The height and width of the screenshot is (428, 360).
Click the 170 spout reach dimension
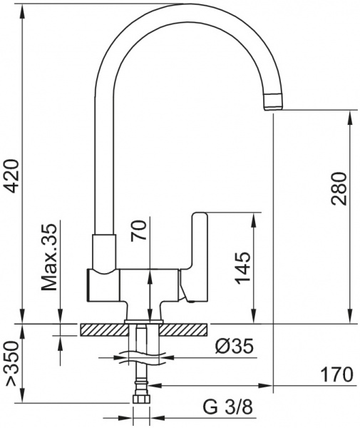[x=335, y=374]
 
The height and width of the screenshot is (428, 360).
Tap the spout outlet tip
[x=274, y=101]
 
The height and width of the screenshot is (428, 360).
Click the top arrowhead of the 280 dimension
[x=350, y=116]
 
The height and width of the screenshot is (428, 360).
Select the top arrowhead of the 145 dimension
[x=253, y=217]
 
